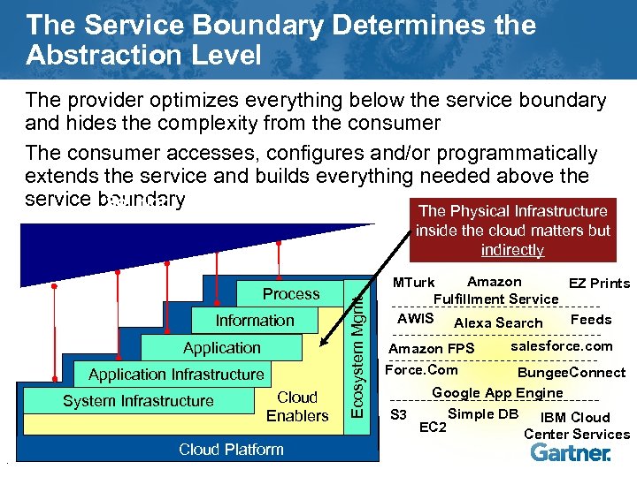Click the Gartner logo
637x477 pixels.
(x=570, y=453)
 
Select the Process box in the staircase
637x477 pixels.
(x=291, y=293)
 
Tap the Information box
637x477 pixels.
(x=255, y=320)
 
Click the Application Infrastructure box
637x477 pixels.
(x=176, y=375)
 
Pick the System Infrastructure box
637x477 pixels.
(x=138, y=401)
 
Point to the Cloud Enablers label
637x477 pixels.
(x=297, y=407)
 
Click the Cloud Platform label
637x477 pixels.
(x=231, y=450)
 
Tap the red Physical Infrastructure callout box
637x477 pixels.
(x=511, y=230)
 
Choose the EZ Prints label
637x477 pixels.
(x=599, y=283)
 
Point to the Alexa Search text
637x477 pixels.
(x=498, y=323)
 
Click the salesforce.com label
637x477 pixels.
(x=562, y=346)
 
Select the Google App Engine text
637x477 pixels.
(x=497, y=393)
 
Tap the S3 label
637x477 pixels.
(x=399, y=414)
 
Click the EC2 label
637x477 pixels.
(x=433, y=428)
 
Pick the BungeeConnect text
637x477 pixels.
(x=572, y=373)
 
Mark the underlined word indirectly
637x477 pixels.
(x=512, y=250)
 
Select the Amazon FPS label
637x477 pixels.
(x=432, y=349)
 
